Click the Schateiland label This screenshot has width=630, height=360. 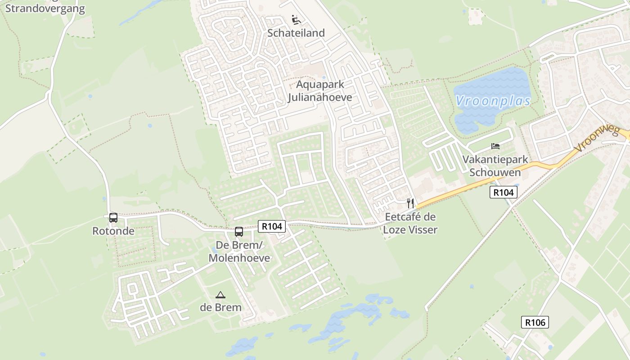(x=296, y=33)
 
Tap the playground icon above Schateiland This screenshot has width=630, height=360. (x=296, y=20)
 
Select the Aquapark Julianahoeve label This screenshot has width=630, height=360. (x=320, y=91)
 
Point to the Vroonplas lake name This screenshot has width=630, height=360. (x=493, y=101)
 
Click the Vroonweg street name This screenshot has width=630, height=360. (x=598, y=139)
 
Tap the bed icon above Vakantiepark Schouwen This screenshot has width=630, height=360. (x=495, y=146)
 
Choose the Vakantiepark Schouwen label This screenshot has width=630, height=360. (x=495, y=166)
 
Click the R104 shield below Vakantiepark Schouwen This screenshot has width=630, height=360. (x=503, y=193)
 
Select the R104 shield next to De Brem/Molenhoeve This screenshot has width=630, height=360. (x=272, y=226)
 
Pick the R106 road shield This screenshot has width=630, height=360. (x=535, y=322)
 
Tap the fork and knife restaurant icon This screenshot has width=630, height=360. (x=410, y=203)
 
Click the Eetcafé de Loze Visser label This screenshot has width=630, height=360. (x=410, y=223)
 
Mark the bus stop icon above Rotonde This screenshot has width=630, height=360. (x=113, y=218)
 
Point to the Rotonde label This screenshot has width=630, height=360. (x=113, y=231)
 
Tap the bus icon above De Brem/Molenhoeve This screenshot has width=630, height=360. (x=239, y=232)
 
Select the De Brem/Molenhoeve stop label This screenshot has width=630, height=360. (x=239, y=252)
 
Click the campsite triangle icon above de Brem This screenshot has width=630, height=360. (x=220, y=295)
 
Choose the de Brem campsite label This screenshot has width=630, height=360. (x=220, y=308)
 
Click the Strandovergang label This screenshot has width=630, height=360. (x=45, y=9)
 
